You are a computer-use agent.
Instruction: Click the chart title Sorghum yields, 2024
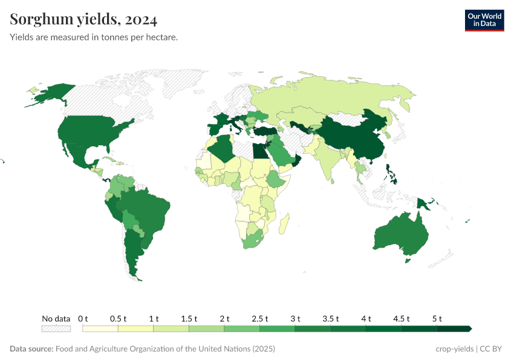[x=83, y=20]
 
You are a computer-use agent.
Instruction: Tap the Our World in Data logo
[x=484, y=20]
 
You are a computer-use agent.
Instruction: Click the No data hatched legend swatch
[x=56, y=329]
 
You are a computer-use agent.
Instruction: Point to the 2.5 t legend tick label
[x=260, y=318]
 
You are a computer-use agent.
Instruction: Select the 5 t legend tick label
[x=437, y=318]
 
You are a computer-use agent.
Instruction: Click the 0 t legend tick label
[x=83, y=318]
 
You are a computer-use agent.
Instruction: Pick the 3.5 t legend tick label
[x=331, y=318]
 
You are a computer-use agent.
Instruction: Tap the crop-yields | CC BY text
[x=469, y=349]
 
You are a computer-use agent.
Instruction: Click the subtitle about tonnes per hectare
[x=94, y=38]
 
